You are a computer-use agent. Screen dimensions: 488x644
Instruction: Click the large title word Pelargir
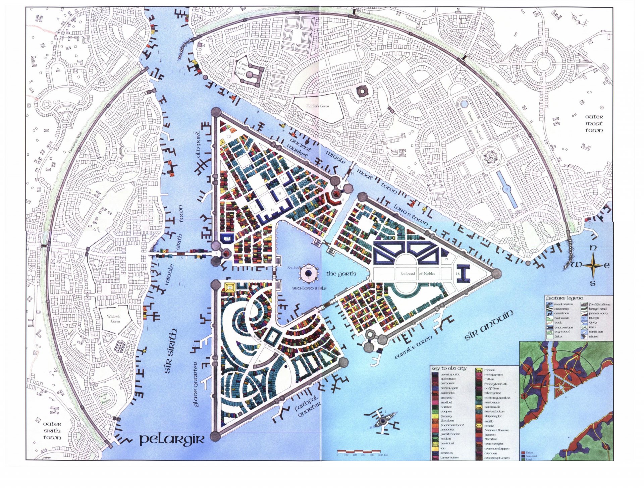pos(171,439)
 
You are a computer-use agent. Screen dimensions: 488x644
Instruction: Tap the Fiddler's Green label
pos(317,106)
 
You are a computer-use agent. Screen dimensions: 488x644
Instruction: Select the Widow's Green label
pos(113,319)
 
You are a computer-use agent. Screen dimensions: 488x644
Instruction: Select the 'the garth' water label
pos(341,274)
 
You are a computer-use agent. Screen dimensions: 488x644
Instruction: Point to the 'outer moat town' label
pos(594,123)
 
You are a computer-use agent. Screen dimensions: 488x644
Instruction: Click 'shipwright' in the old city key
pos(493,416)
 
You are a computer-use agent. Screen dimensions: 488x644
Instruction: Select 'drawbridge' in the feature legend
pos(563,327)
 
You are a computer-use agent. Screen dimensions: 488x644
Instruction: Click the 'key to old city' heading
pos(449,368)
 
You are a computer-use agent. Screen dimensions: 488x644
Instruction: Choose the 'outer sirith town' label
pos(52,431)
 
